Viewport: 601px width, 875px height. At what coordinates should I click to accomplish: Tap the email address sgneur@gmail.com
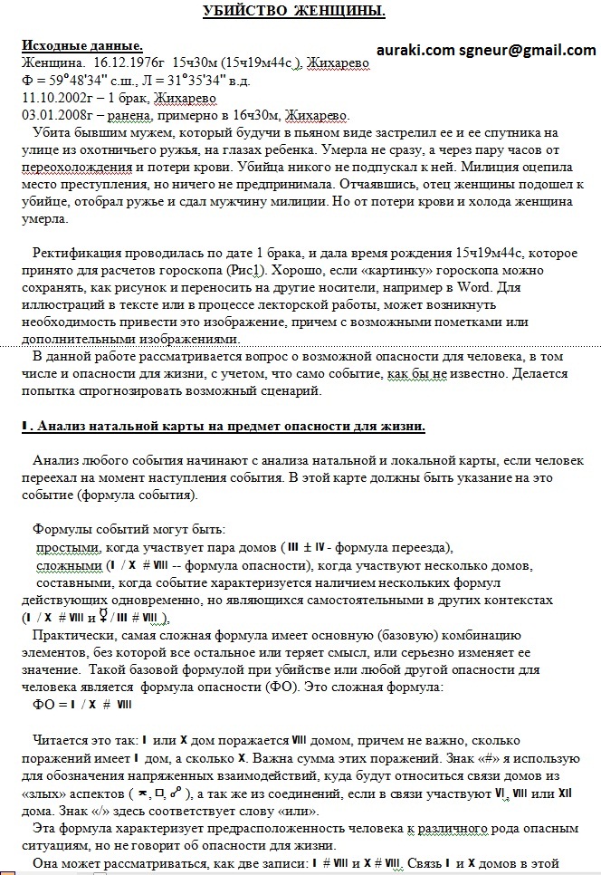pyautogui.click(x=527, y=50)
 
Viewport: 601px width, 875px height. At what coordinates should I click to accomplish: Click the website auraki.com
pyautogui.click(x=415, y=50)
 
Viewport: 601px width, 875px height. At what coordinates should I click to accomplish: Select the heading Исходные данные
pyautogui.click(x=81, y=45)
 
